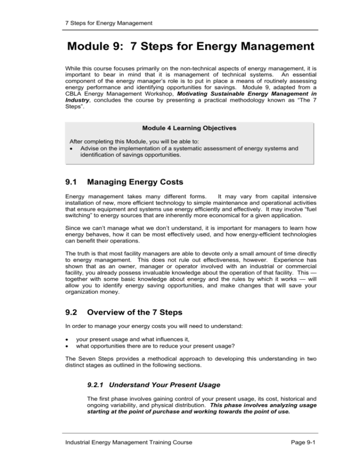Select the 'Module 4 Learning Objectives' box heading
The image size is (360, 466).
180,128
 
